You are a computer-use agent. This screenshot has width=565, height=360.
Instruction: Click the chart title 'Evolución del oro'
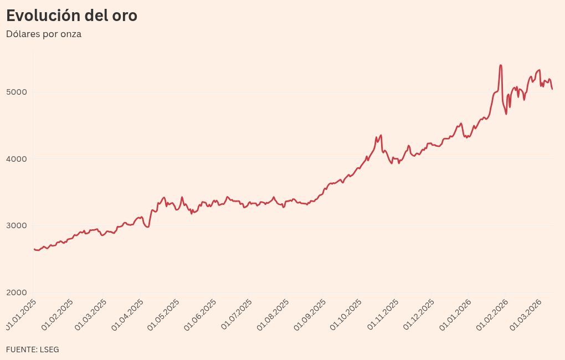click(71, 16)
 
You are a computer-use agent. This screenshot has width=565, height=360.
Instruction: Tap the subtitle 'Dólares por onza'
click(44, 34)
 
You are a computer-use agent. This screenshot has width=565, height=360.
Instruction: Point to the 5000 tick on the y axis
click(16, 92)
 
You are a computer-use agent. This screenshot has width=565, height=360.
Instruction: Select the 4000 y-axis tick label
click(16, 159)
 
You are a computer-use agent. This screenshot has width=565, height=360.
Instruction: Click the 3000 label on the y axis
click(16, 226)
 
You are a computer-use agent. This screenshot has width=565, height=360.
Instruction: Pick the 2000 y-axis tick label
click(16, 293)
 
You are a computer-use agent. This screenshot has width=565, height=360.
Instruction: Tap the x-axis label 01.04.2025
click(128, 314)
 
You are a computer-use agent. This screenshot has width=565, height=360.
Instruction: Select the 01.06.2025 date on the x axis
click(201, 314)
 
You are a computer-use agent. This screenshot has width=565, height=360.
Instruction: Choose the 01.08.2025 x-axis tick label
click(274, 314)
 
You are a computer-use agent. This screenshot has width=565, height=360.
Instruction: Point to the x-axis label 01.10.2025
click(346, 314)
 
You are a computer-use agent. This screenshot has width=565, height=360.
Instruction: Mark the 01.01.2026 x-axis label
click(456, 314)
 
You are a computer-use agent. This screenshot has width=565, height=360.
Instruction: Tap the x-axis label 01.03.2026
click(525, 314)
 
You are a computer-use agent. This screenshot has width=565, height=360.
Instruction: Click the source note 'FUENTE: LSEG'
click(33, 349)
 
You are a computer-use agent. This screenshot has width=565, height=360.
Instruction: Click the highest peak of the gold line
click(501, 65)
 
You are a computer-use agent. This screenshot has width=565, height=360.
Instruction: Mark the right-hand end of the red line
click(552, 89)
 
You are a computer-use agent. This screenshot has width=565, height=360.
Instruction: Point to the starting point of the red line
click(34, 249)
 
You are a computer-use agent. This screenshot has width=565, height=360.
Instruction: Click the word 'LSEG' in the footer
click(49, 349)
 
